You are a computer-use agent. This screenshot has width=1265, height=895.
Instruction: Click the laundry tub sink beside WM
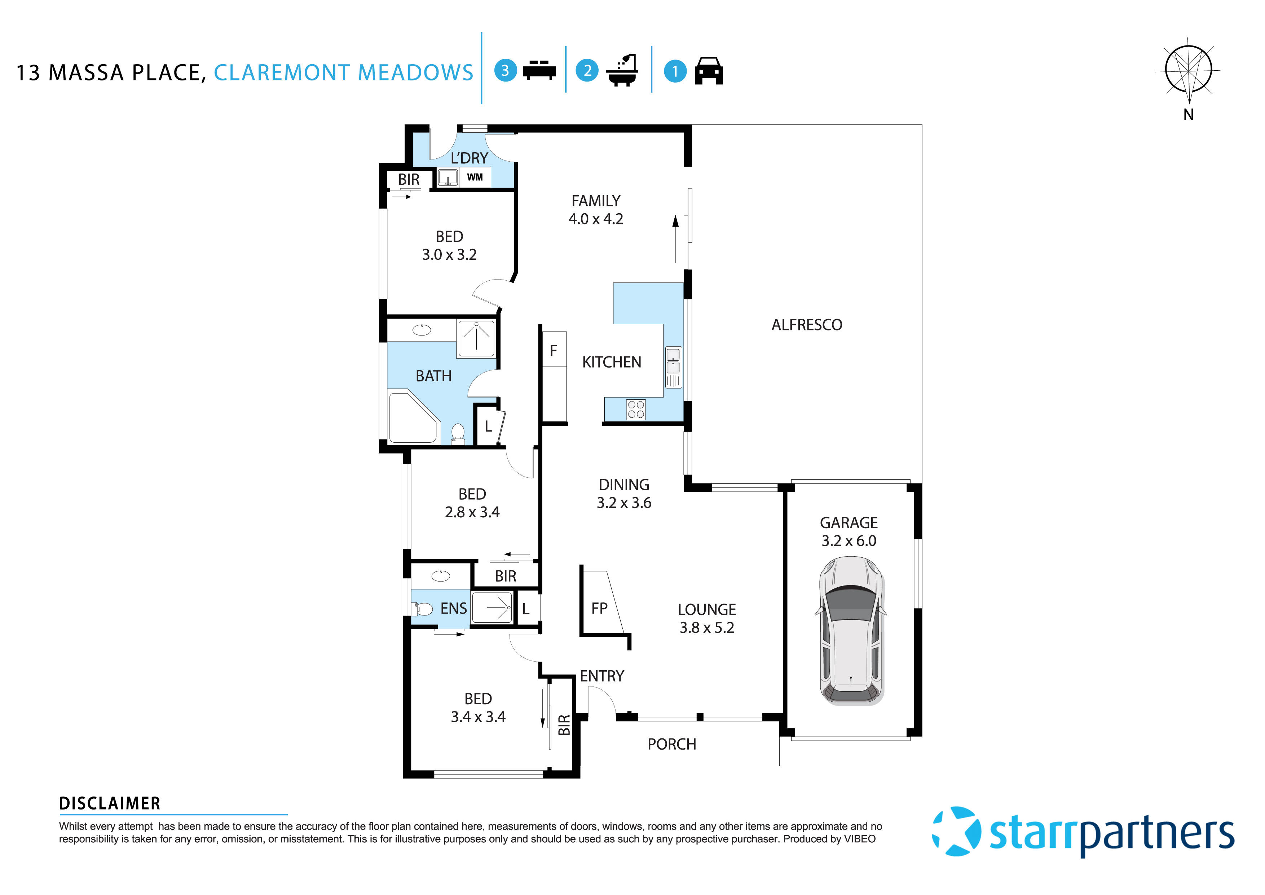tap(448, 177)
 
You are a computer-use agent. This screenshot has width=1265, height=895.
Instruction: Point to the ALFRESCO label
tap(807, 325)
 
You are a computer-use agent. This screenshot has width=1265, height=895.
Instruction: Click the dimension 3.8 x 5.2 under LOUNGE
tap(706, 628)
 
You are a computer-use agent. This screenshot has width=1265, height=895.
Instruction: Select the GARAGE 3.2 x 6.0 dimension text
tap(849, 541)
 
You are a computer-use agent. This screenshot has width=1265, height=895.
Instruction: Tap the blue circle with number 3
tap(505, 71)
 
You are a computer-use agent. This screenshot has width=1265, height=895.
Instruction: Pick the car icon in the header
tap(709, 71)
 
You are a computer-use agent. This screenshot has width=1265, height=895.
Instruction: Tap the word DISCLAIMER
tap(110, 803)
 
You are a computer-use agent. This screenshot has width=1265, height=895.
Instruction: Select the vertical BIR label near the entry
tap(564, 725)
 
